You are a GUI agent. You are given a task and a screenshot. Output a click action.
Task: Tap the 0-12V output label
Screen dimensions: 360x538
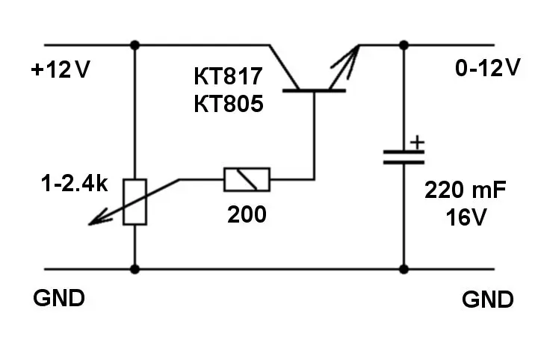coord(487,69)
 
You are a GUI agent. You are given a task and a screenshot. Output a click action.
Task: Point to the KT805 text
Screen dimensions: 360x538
coord(229,104)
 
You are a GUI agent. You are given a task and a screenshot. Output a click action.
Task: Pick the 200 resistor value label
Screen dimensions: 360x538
coord(246,215)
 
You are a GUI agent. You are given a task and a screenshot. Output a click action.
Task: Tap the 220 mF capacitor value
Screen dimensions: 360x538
coord(466,191)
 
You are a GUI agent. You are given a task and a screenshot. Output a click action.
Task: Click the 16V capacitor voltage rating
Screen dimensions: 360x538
coord(466,218)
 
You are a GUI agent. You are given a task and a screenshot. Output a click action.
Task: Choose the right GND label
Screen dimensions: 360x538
coord(488,300)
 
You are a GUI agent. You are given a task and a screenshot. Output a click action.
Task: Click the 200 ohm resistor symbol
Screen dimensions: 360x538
coord(247,179)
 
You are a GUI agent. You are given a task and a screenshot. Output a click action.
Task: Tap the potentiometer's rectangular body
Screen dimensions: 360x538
coord(135,202)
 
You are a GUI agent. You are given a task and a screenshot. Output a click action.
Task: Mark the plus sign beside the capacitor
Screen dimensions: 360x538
coord(418,140)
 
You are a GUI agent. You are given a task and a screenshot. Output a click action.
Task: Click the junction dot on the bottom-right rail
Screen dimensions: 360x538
coord(404,269)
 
